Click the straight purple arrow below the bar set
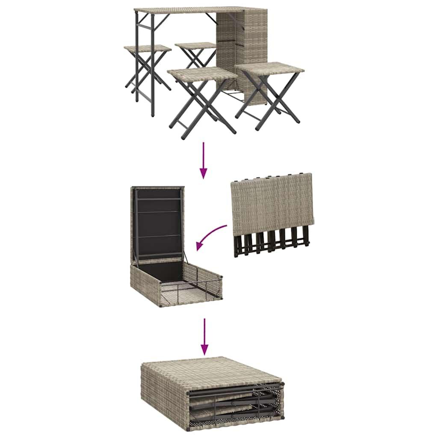tap(204, 160)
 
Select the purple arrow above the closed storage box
tap(205, 336)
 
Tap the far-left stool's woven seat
tap(147, 48)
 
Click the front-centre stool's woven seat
tap(202, 73)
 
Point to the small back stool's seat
tap(195, 45)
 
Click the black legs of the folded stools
tap(272, 244)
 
